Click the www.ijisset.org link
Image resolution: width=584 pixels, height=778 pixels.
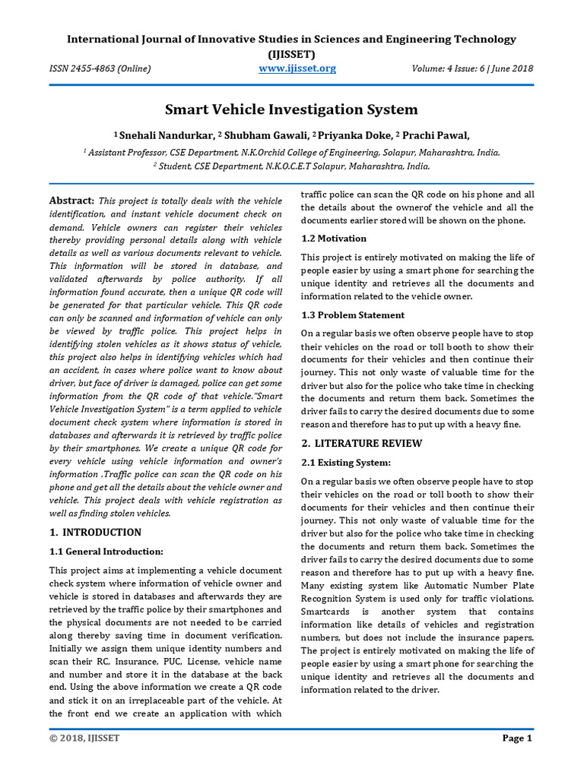pyautogui.click(x=297, y=68)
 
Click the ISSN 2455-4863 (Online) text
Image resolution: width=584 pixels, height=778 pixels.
pyautogui.click(x=100, y=68)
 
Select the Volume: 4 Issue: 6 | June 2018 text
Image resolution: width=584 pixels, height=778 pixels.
pyautogui.click(x=473, y=68)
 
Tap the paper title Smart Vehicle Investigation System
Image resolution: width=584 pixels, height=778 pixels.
pyautogui.click(x=292, y=109)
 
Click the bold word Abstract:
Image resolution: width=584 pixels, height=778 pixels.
pyautogui.click(x=71, y=201)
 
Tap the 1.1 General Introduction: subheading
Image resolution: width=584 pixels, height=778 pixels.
pyautogui.click(x=106, y=551)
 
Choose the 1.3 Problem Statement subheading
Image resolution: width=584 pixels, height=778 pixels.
pyautogui.click(x=353, y=315)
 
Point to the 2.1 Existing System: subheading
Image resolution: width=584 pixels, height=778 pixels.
pyautogui.click(x=346, y=462)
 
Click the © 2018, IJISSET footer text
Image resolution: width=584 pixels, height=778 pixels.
pyautogui.click(x=84, y=738)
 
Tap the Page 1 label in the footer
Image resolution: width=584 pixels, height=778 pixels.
pyautogui.click(x=517, y=738)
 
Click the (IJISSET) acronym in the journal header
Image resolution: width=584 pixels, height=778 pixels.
pyautogui.click(x=292, y=54)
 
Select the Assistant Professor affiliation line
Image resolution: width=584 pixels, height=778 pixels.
pyautogui.click(x=292, y=152)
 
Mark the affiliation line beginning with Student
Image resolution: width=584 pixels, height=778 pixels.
pyautogui.click(x=292, y=165)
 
